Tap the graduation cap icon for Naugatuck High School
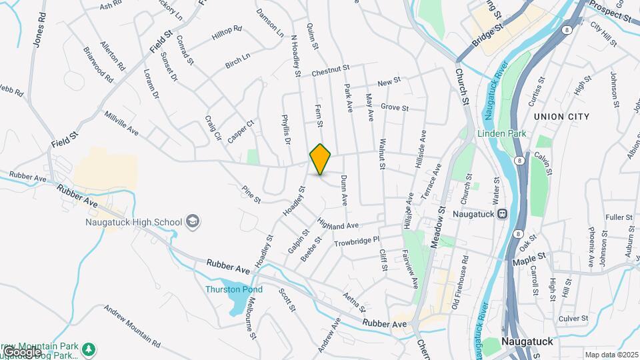[193, 222]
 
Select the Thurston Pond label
[234, 289]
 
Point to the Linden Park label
[502, 133]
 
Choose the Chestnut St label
[331, 69]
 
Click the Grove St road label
[394, 107]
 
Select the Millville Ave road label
[121, 123]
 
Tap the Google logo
[21, 351]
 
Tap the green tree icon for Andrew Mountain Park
[88, 349]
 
